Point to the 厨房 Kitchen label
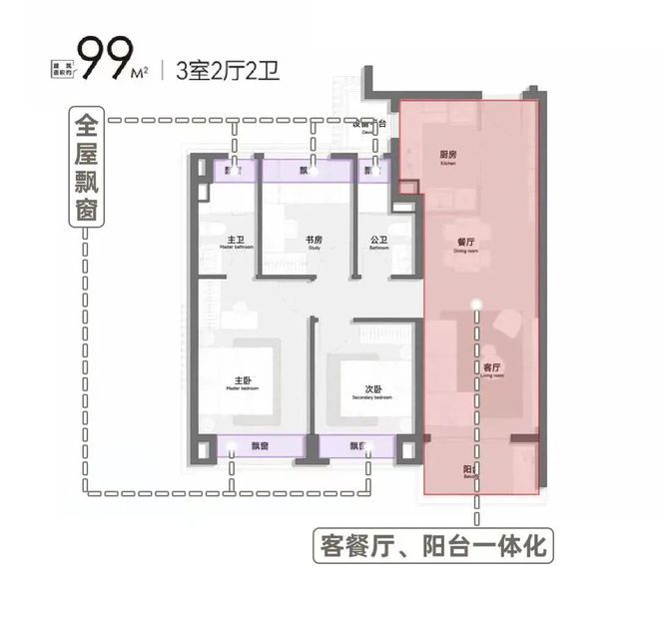coord(447,158)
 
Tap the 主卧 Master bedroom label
coord(243,381)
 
